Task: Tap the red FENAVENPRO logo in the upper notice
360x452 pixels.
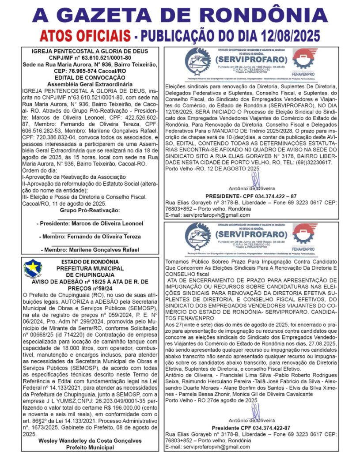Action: click(308, 61)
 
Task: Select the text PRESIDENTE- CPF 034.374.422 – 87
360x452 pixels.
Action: click(250, 196)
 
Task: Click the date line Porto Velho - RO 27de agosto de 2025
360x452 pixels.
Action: click(211, 400)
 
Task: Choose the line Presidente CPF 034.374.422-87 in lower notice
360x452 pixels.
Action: click(250, 428)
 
